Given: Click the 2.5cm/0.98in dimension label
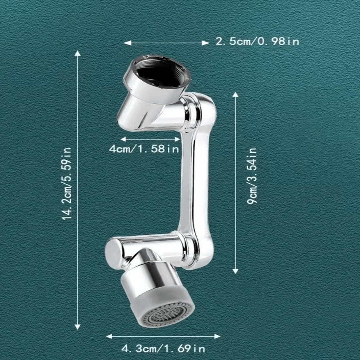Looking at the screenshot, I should [257, 41].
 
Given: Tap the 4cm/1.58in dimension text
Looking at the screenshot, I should [144, 149].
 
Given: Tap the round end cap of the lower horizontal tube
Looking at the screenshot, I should [112, 252].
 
